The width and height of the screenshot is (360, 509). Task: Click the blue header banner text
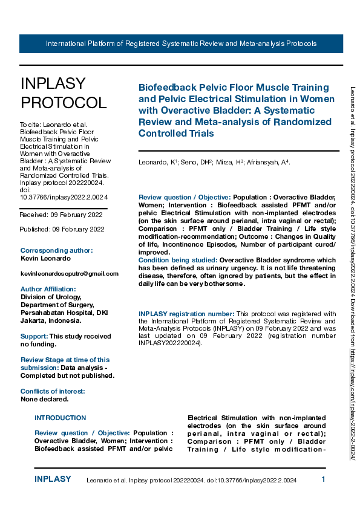coord(181,44)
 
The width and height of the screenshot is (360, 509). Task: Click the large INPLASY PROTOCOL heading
coord(63,92)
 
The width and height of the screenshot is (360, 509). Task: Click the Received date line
coord(62,215)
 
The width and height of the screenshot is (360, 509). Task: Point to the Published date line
coord(62,229)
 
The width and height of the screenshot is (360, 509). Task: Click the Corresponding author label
coord(56,250)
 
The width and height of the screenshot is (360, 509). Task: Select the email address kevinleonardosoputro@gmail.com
coord(70,274)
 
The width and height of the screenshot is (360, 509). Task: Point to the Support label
coord(34,336)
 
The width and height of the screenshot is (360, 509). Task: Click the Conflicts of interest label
coord(53,391)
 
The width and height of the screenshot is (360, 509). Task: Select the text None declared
coord(44,399)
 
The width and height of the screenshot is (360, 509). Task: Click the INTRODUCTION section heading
coord(61,418)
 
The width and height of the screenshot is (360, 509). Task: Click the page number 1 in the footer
coord(323,479)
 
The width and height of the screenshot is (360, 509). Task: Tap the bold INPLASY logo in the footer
coord(53,479)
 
